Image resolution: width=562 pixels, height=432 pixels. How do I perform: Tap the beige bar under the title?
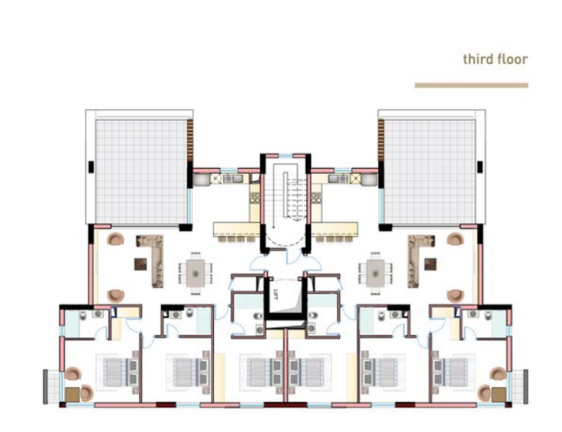[x=471, y=85]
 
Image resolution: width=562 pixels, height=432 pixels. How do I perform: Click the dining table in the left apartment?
[x=195, y=273]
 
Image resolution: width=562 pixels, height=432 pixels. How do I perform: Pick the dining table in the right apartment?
[x=375, y=273]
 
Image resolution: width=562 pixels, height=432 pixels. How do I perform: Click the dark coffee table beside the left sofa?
[x=140, y=264]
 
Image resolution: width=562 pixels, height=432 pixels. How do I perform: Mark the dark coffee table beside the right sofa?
[x=430, y=264]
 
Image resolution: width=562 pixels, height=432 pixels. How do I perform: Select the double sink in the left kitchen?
[x=233, y=178]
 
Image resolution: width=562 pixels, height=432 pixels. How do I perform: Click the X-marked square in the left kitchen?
[x=216, y=178]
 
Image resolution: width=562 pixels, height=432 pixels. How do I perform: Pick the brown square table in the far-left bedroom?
[x=72, y=394]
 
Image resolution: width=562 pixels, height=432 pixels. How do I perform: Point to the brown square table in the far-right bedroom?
[x=498, y=394]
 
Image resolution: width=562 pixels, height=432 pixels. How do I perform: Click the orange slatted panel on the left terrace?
[x=190, y=140]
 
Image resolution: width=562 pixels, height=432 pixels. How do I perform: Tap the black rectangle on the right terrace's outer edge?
[x=480, y=167]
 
